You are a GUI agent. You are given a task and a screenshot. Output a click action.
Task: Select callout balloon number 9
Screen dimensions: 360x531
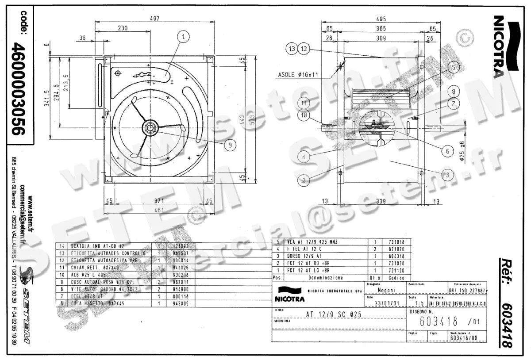coord(229,144)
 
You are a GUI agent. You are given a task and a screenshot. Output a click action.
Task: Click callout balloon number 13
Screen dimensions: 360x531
coord(291,49)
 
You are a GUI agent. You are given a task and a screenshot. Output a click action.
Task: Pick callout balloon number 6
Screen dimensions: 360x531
coord(447,151)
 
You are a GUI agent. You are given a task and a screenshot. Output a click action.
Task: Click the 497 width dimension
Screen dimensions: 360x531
coord(154,18)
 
